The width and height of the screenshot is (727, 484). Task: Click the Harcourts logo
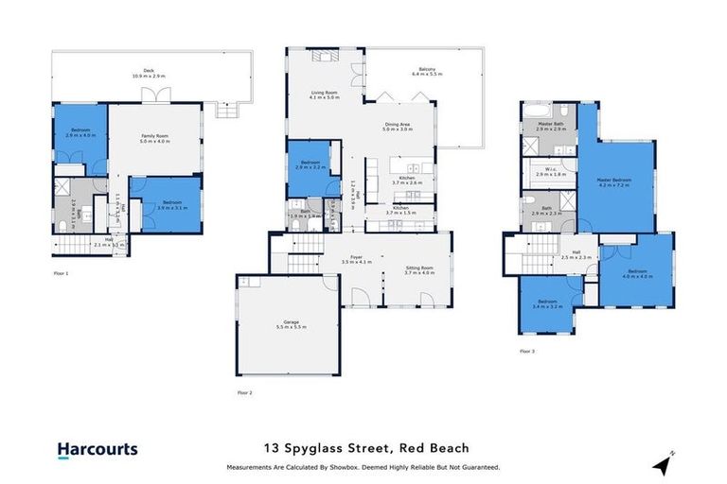(97, 450)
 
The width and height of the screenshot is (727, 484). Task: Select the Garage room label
(284, 323)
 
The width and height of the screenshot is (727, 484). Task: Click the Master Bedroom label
(614, 181)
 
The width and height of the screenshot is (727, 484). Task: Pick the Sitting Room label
(418, 270)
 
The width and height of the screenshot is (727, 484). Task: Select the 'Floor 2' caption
(244, 390)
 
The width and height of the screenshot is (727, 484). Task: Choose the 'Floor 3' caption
(527, 351)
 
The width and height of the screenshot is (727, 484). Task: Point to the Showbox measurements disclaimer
(363, 467)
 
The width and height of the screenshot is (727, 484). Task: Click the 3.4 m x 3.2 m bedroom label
(547, 305)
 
